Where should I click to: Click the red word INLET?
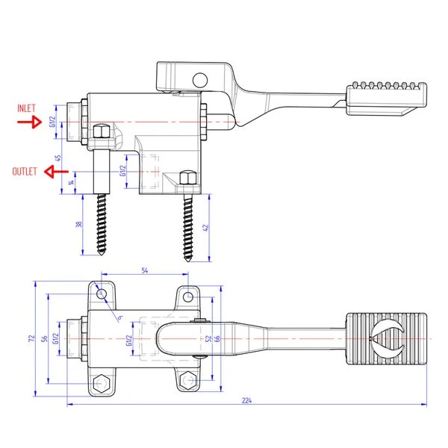[x=26, y=108]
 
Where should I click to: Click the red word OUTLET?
[x=25, y=171]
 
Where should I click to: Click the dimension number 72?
[x=31, y=338]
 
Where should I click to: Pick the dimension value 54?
[x=145, y=270]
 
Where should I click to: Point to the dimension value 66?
[x=218, y=339]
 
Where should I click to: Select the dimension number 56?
[x=44, y=338]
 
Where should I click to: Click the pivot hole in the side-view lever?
[x=199, y=79]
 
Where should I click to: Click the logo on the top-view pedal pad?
[x=388, y=337]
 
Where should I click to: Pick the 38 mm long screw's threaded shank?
[x=103, y=224]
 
